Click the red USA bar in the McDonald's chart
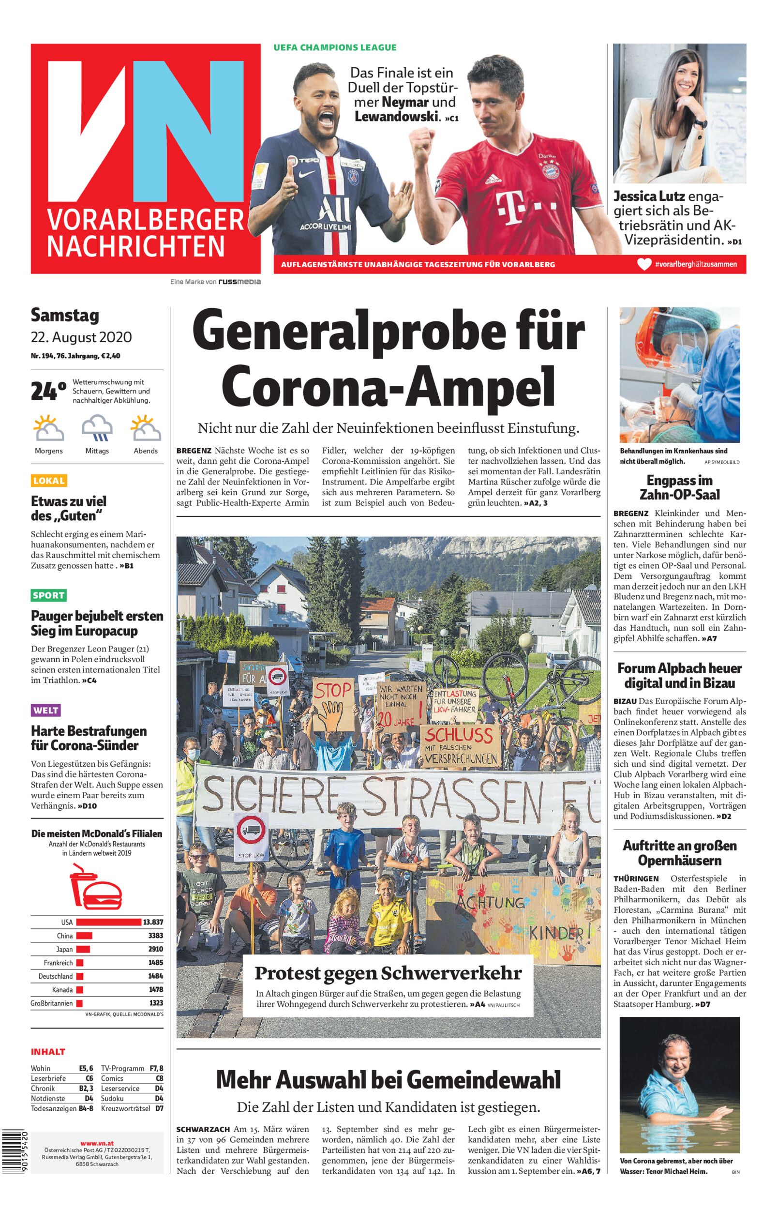[x=108, y=922]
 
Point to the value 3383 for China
[x=155, y=936]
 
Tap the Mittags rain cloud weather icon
[x=97, y=428]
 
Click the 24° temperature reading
[x=48, y=391]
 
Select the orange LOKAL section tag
[x=49, y=480]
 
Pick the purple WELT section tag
[x=46, y=711]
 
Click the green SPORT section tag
[x=48, y=595]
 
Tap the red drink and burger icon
[x=95, y=886]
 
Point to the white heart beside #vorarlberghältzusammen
[x=644, y=264]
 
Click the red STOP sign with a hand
[x=333, y=705]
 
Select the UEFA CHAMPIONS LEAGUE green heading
[x=335, y=47]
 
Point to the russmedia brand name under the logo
[x=239, y=282]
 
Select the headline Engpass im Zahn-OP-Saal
[x=679, y=487]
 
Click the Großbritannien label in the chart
[x=52, y=1003]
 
